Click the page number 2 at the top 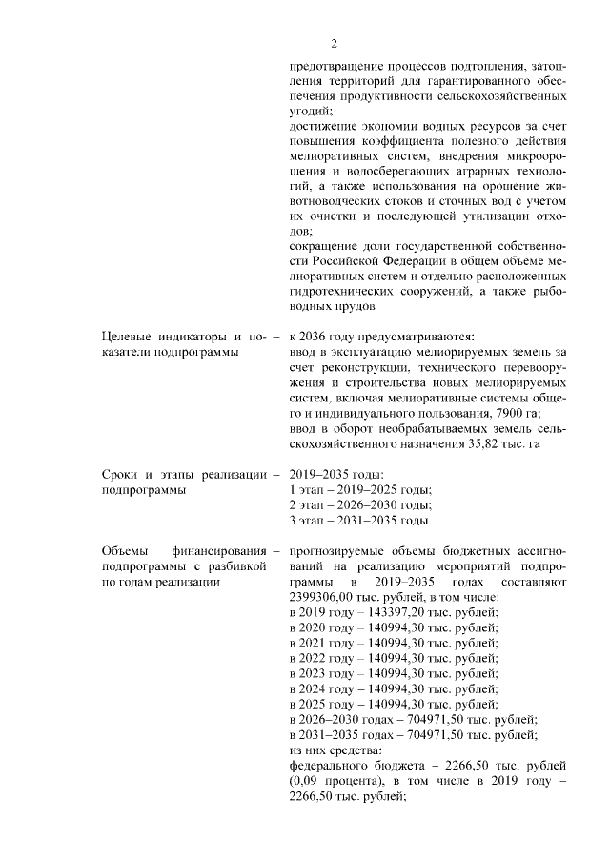334,43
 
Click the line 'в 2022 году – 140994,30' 392,657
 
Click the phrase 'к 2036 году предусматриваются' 381,335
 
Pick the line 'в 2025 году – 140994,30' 392,704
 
